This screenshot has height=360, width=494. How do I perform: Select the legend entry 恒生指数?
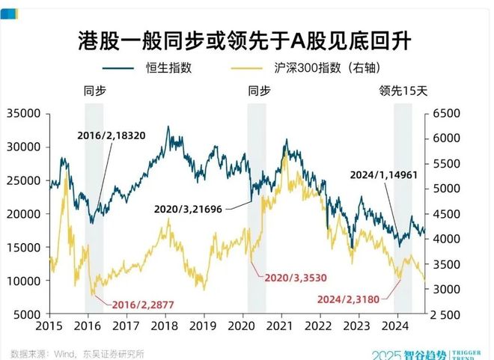pos(168,67)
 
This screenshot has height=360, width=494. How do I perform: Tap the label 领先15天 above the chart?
pos(403,91)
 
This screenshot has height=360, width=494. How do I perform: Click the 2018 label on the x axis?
pos(164,327)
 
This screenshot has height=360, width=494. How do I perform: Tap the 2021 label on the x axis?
pos(279,327)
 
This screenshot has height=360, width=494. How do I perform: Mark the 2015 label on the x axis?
pos(49,327)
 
